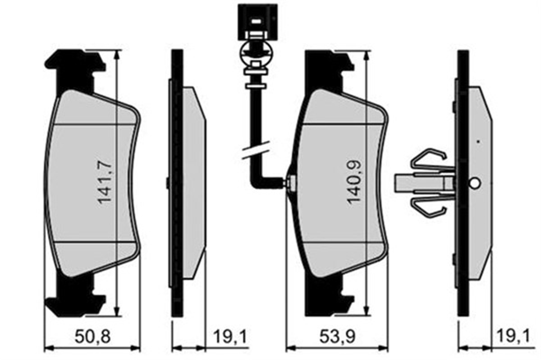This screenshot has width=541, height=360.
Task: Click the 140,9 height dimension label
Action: tap(354, 182)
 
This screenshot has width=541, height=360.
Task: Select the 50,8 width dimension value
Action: tap(92, 337)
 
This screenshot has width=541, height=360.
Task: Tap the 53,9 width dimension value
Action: tap(337, 337)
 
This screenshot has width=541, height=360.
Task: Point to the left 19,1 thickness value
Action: tap(230, 337)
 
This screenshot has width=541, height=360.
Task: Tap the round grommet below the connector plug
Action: tap(257, 52)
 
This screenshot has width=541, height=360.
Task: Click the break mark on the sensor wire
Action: tap(256, 150)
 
